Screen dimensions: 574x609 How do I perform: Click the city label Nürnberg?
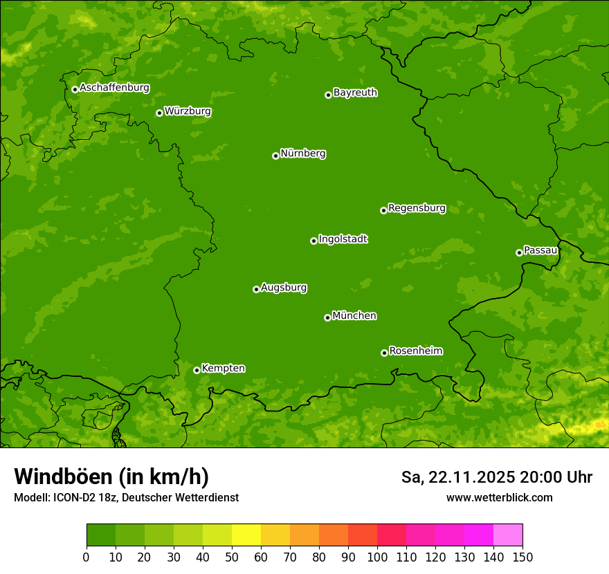coord(303,154)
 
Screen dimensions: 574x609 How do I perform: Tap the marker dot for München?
coord(327,317)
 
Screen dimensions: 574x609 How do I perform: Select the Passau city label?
coord(540,250)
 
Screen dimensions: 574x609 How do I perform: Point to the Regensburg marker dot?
coord(383,210)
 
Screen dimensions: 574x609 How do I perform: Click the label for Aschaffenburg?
coord(114,88)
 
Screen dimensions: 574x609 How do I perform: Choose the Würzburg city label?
coord(188,111)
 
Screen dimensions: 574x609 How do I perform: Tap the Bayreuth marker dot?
coord(328,95)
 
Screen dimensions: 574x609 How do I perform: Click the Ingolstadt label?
coord(343,239)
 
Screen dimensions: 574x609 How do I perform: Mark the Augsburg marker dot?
coord(256,289)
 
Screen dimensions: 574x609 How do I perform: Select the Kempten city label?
coord(223,368)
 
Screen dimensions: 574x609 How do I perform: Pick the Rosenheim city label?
coord(416,351)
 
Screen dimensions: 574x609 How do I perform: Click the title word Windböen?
coord(62,476)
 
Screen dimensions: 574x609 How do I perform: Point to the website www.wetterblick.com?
coord(499,497)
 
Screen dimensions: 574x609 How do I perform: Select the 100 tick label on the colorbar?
coord(377,557)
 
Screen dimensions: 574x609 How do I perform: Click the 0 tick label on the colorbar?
coord(87,557)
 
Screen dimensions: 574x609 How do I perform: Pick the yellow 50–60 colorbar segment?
coord(246,536)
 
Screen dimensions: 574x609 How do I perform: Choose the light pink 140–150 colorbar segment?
coord(508,536)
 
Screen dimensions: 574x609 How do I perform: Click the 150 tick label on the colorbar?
coord(522,557)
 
